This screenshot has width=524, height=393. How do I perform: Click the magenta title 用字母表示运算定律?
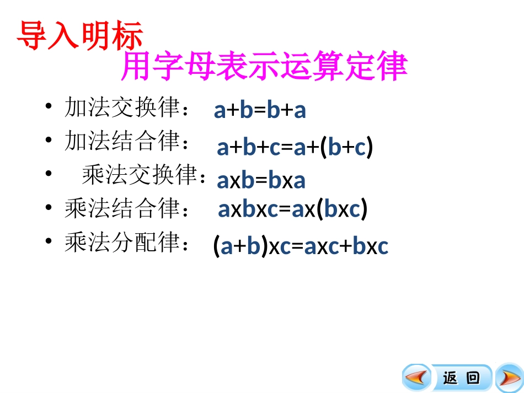coord(264,67)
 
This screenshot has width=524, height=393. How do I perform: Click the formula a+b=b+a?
coord(260,111)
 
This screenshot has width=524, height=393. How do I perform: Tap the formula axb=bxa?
coord(261,181)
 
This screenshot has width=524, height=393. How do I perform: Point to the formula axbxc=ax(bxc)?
coord(293,210)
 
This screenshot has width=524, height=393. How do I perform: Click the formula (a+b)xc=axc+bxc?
coord(301,246)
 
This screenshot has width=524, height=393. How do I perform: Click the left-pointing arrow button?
coord(417,378)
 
